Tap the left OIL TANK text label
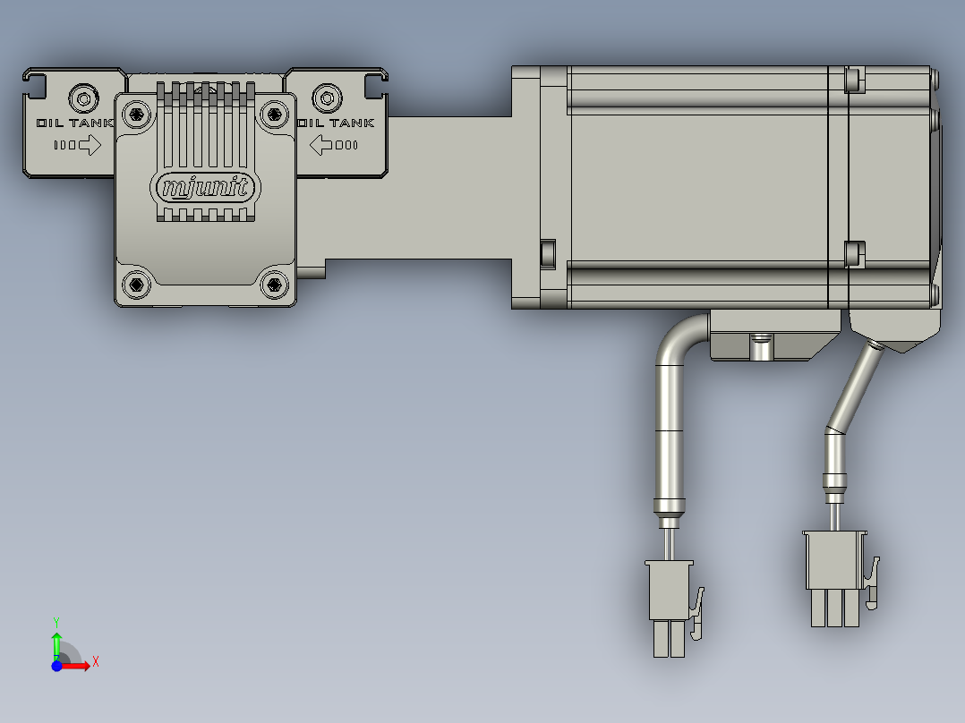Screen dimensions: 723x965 [x=75, y=123]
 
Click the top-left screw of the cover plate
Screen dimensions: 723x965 [x=136, y=113]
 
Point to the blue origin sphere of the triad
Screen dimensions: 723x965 [x=56, y=666]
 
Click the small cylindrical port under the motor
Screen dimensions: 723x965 [x=760, y=346]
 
